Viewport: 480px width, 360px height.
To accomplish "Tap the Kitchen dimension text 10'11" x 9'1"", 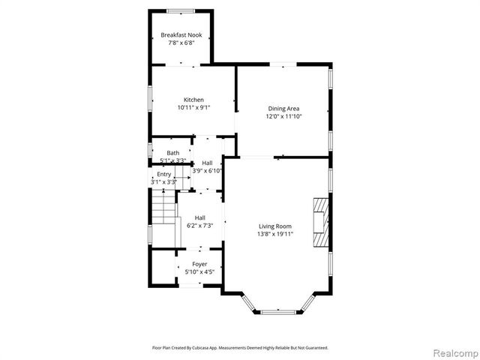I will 193,107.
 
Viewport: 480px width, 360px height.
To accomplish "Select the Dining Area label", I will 283,108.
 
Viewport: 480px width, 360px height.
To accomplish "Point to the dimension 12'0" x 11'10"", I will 283,116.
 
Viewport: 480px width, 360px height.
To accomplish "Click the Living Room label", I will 275,226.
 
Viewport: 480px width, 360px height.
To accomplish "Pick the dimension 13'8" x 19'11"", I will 275,234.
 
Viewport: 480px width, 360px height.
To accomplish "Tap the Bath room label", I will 172,153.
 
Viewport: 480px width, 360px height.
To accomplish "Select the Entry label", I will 163,174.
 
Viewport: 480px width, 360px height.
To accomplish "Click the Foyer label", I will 199,264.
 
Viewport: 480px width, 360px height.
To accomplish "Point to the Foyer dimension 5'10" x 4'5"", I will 199,272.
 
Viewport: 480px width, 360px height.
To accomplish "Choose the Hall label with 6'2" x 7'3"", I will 199,217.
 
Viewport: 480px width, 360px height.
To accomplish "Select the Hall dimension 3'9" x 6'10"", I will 207,171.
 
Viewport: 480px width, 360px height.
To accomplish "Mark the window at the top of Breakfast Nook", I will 181,10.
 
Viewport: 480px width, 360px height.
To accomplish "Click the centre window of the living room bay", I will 282,311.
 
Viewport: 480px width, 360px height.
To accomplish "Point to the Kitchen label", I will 193,100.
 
